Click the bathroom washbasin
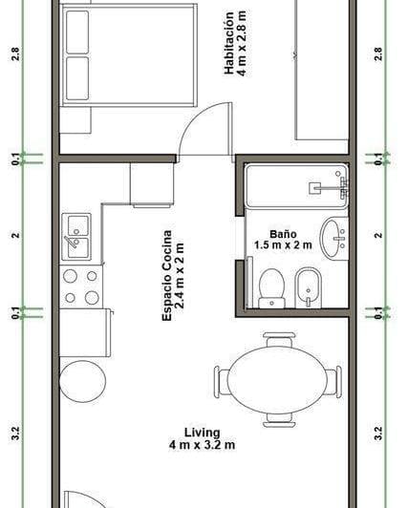(x=333, y=237)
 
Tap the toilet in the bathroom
(x=272, y=287)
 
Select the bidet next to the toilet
(x=308, y=287)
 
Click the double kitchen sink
(x=76, y=236)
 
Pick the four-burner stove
(x=80, y=286)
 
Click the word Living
(x=202, y=431)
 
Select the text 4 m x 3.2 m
(x=202, y=445)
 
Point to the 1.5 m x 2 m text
(x=283, y=244)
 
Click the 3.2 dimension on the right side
(x=379, y=435)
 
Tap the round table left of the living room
(x=82, y=381)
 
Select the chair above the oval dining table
(x=279, y=339)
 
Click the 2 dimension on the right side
(x=379, y=235)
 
